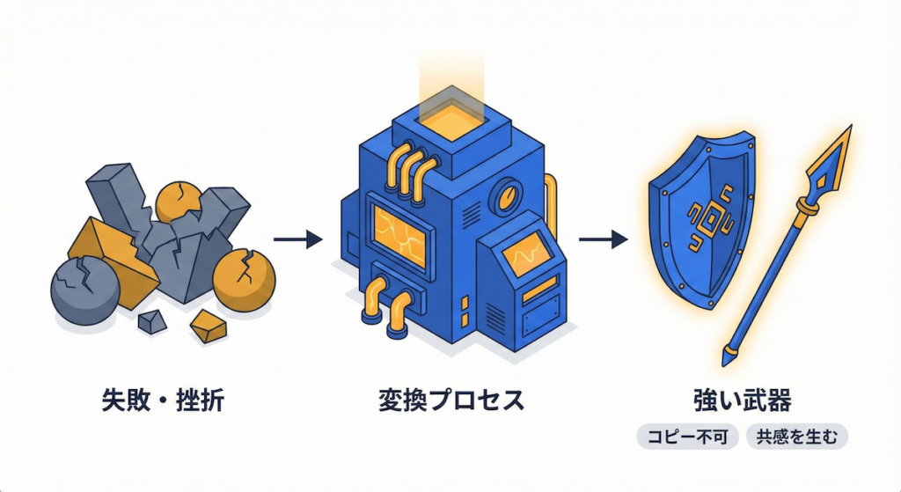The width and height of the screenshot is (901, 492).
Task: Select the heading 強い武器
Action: (x=743, y=400)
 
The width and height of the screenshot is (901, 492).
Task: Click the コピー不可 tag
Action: (x=687, y=437)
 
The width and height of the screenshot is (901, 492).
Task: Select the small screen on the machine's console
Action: (x=529, y=255)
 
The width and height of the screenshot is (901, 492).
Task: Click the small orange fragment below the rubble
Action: (x=209, y=328)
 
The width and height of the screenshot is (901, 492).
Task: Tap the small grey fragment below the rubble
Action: (x=152, y=322)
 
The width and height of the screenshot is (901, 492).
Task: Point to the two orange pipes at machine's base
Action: (x=386, y=305)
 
